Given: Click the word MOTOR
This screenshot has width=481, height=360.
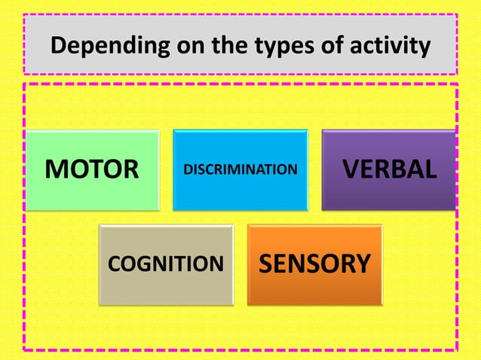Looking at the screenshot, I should tap(92, 169).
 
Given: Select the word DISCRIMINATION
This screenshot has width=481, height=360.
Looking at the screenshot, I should tap(240, 169).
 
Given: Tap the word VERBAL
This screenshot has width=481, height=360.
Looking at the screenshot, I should tap(390, 169).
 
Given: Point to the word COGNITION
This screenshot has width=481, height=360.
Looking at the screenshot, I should tap(166, 264).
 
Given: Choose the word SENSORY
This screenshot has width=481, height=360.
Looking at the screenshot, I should tap(315, 264).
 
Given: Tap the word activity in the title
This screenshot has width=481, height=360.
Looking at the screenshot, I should tap(388, 47).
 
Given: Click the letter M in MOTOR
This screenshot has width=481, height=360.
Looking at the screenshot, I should tap(54, 169).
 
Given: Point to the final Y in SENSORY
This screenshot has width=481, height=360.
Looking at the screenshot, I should tap(362, 264).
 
